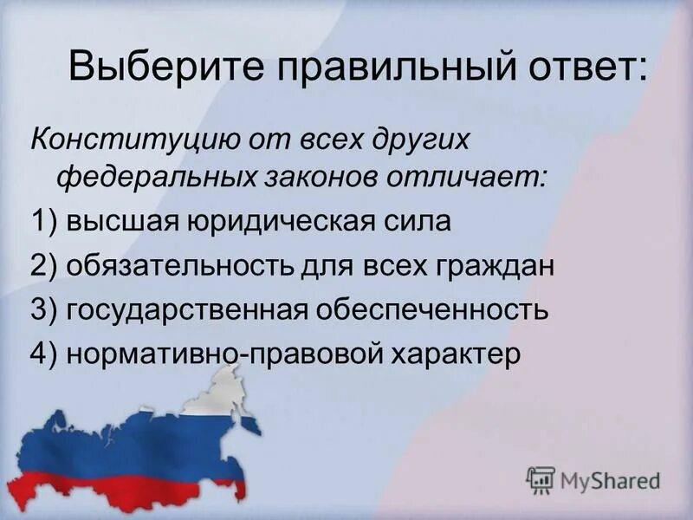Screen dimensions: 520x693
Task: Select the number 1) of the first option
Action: (x=43, y=222)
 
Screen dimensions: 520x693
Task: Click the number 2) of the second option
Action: (x=43, y=265)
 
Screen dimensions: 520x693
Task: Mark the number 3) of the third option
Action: (x=43, y=309)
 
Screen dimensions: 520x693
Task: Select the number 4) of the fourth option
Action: (x=43, y=354)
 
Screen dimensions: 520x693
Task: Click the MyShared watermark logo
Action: (x=593, y=478)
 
